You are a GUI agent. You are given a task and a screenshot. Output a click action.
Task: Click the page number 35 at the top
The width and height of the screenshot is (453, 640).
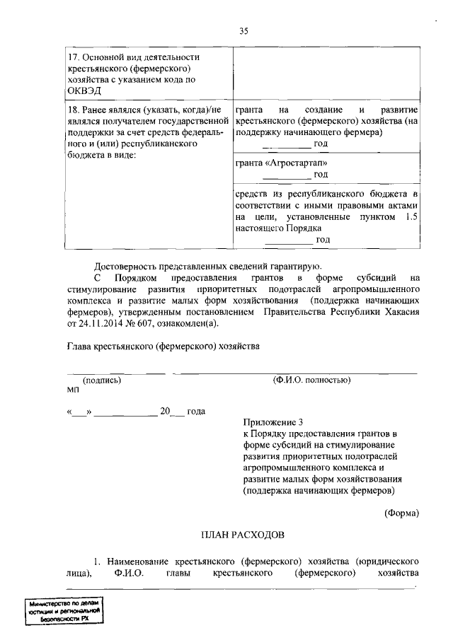pos(244,30)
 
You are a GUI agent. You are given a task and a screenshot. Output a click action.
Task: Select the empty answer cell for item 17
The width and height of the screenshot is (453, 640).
pos(326,74)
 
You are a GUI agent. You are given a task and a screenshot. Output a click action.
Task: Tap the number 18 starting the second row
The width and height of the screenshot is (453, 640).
pos(73,111)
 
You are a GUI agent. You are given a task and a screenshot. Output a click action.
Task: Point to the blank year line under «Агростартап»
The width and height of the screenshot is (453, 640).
pos(286,177)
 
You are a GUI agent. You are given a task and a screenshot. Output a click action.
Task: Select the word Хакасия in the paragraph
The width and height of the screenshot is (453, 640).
pos(401,312)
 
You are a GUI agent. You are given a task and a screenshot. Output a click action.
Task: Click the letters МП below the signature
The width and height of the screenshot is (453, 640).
pos(74,390)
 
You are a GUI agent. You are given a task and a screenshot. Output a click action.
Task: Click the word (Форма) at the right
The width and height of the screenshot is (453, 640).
pos(401,513)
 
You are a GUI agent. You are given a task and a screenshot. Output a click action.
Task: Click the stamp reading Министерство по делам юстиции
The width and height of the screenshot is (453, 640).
pos(63,610)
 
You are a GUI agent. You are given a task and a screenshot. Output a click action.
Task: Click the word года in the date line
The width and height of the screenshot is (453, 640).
pos(196,412)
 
